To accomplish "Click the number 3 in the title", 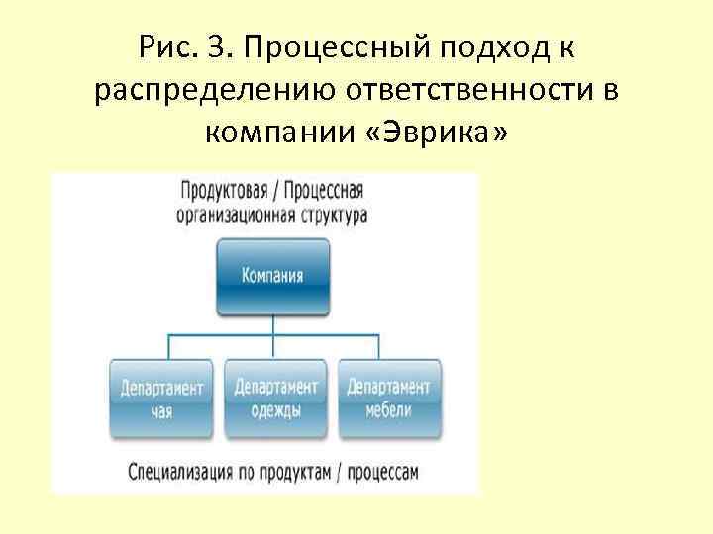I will (x=218, y=46).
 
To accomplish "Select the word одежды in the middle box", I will (x=275, y=410).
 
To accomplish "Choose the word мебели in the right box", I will (x=388, y=410).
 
